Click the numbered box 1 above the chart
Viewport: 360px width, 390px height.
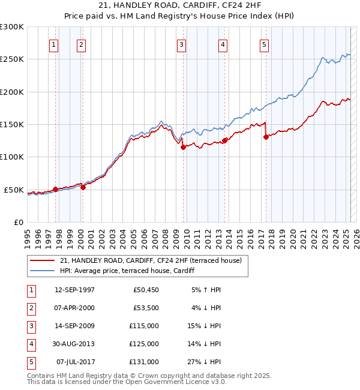point(54,44)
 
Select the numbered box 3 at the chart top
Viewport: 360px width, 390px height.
point(181,44)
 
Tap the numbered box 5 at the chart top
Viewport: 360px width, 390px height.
point(264,44)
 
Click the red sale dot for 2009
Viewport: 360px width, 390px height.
point(183,147)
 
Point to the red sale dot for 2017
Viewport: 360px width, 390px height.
point(265,137)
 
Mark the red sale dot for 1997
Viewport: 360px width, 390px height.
point(55,189)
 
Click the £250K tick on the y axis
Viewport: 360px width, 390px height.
point(12,59)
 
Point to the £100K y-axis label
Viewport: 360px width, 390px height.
point(12,157)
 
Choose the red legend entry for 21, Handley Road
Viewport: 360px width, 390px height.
point(150,260)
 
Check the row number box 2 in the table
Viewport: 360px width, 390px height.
point(31,308)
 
